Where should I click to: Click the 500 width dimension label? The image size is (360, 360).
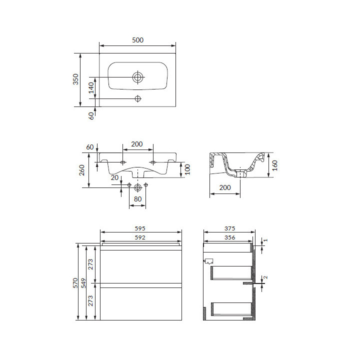pyautogui.click(x=138, y=40)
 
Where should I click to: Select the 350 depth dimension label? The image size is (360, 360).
pyautogui.click(x=76, y=79)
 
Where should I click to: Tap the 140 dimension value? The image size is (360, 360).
pyautogui.click(x=91, y=88)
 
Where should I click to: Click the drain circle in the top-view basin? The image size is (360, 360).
pyautogui.click(x=137, y=77)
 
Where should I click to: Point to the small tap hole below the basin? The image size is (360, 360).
pyautogui.click(x=138, y=98)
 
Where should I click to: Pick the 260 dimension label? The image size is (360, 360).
pyautogui.click(x=82, y=170)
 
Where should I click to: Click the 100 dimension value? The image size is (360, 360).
pyautogui.click(x=187, y=169)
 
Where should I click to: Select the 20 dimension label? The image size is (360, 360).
pyautogui.click(x=114, y=177)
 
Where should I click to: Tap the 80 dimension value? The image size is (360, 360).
pyautogui.click(x=138, y=199)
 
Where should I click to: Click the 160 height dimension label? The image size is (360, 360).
pyautogui.click(x=275, y=165)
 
